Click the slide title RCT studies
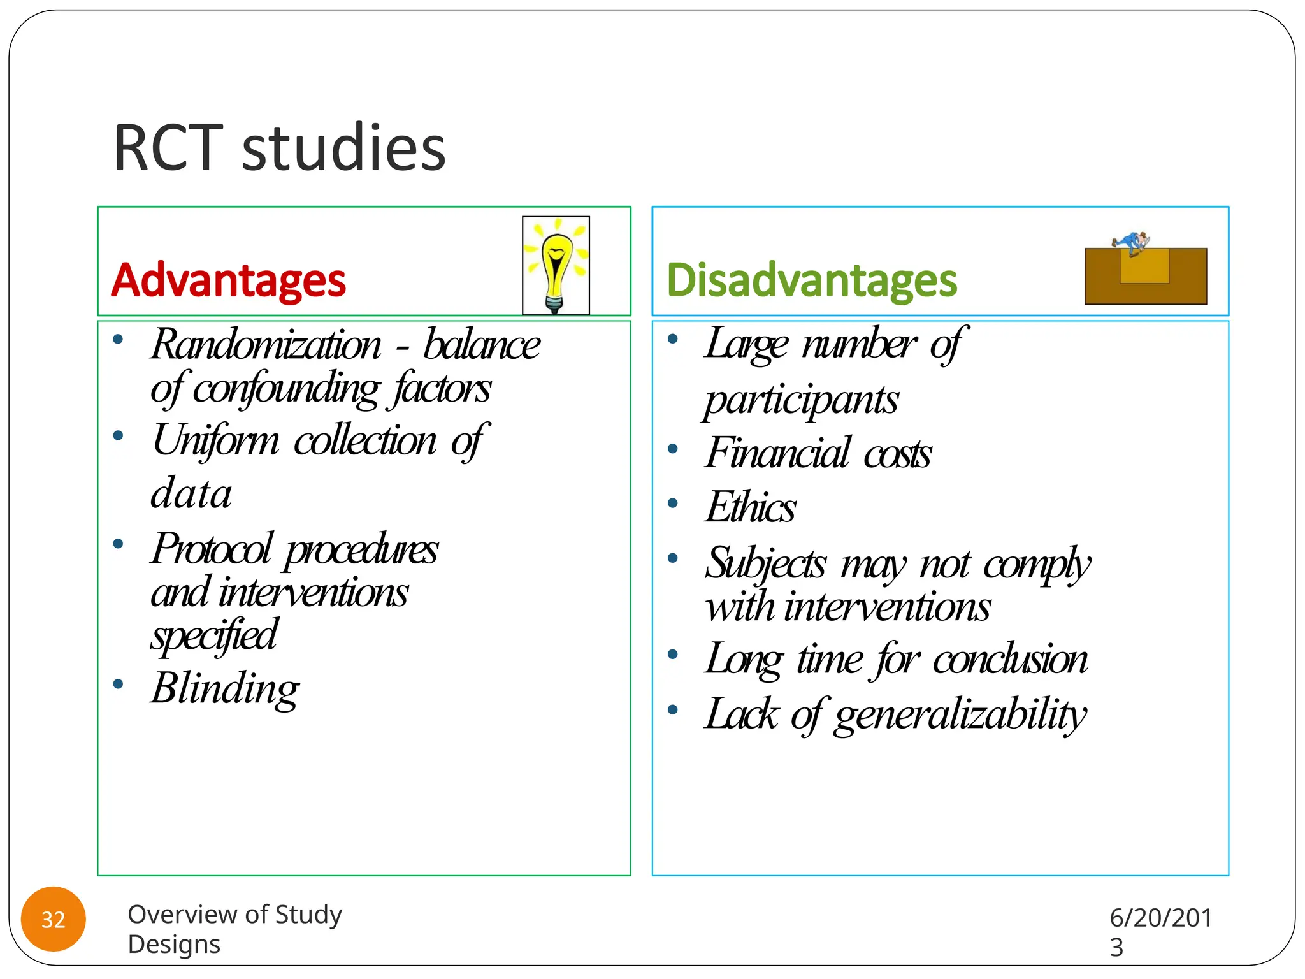tap(279, 148)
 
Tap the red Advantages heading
tap(228, 280)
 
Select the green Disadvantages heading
tap(811, 280)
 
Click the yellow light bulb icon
tap(556, 265)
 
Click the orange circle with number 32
tap(54, 919)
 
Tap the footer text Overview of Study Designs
tap(234, 929)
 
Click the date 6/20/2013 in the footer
tap(1160, 931)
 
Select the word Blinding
tap(225, 688)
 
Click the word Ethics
tap(750, 507)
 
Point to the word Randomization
tap(266, 345)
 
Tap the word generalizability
tap(960, 714)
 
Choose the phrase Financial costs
tap(818, 453)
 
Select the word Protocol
tap(212, 549)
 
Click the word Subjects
tap(765, 564)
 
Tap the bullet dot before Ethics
tap(672, 504)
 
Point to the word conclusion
tap(1010, 659)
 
